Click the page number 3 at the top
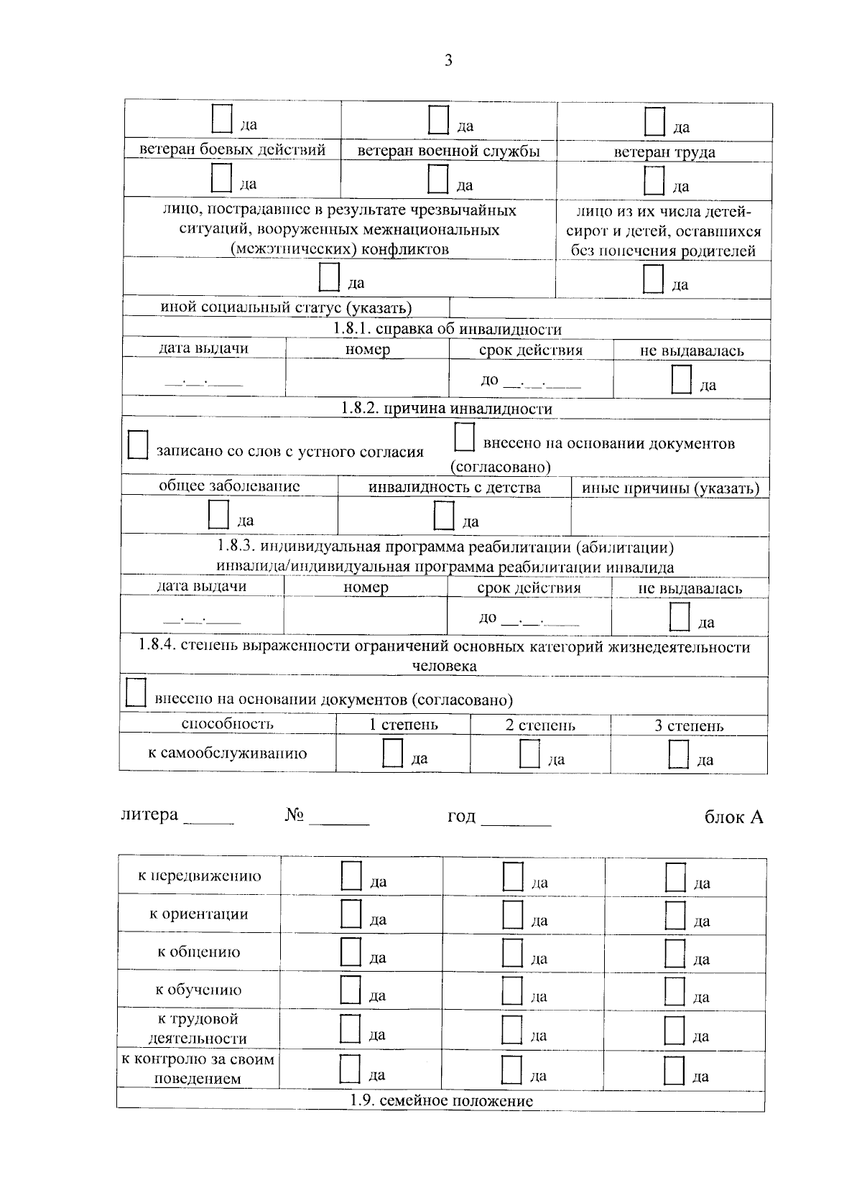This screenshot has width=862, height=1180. click(448, 61)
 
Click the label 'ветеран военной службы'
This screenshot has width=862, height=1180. click(448, 151)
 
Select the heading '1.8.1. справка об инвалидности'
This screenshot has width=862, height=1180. click(447, 329)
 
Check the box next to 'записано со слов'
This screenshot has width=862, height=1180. click(137, 445)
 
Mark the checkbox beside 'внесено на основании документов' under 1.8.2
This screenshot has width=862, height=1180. click(465, 438)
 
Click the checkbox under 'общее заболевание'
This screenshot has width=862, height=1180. click(218, 515)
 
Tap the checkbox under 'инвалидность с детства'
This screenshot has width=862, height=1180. click(444, 516)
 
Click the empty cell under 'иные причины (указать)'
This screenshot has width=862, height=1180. click(669, 516)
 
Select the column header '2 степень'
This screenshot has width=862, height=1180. click(540, 725)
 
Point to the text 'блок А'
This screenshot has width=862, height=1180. click(733, 817)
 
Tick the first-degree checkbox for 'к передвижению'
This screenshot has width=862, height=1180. click(351, 876)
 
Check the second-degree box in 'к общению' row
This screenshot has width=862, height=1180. click(512, 952)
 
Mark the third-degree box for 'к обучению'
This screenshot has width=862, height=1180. click(675, 990)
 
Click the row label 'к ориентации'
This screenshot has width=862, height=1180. click(199, 914)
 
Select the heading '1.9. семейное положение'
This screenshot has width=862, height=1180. click(441, 1100)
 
